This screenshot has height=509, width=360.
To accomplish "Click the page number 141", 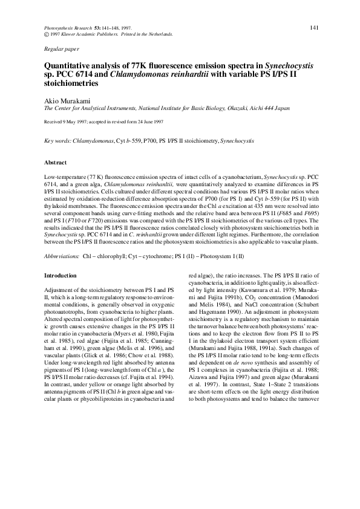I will tap(314, 28).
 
